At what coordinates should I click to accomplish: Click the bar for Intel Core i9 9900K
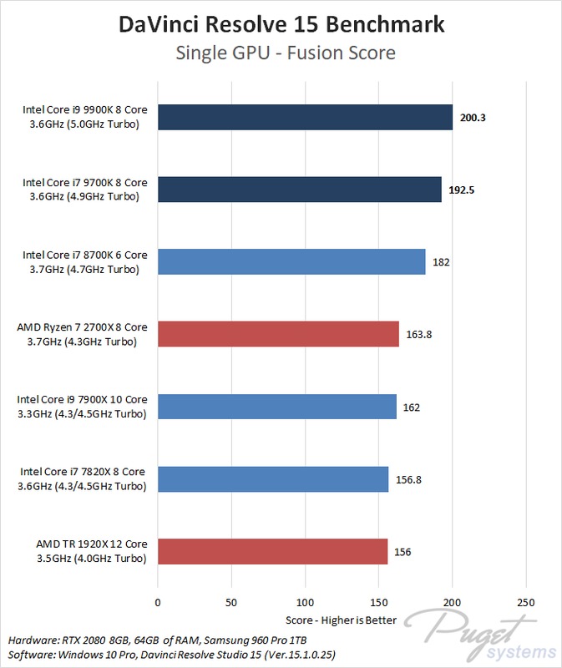[305, 118]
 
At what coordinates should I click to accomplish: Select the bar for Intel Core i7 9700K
[299, 190]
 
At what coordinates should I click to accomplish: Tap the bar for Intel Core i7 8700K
[291, 261]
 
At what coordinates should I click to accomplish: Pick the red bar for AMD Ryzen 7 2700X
[278, 334]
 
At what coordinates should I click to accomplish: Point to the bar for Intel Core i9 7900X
[277, 407]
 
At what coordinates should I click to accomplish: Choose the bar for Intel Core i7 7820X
[273, 479]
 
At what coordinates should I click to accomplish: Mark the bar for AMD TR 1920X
[273, 551]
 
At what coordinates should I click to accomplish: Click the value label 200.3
[473, 118]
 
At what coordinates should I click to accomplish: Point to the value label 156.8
[409, 479]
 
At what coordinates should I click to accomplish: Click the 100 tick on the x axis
[305, 602]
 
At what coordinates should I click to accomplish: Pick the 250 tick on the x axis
[526, 602]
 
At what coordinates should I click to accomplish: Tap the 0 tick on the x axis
[158, 602]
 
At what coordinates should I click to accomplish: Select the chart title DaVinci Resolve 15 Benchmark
[281, 25]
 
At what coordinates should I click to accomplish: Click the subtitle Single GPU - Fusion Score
[281, 53]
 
